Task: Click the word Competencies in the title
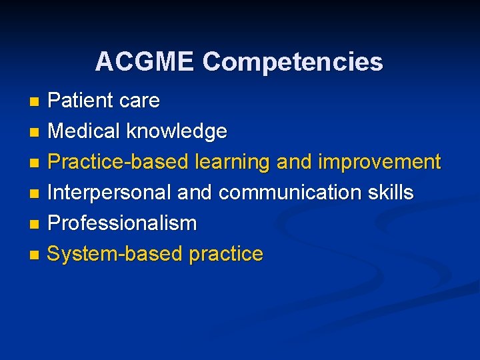(x=293, y=62)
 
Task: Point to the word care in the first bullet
(x=139, y=101)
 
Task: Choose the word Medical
(x=85, y=131)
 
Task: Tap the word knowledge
(x=177, y=131)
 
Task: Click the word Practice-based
(x=117, y=162)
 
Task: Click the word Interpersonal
(x=109, y=193)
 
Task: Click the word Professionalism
(x=122, y=223)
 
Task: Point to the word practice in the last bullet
(x=226, y=254)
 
